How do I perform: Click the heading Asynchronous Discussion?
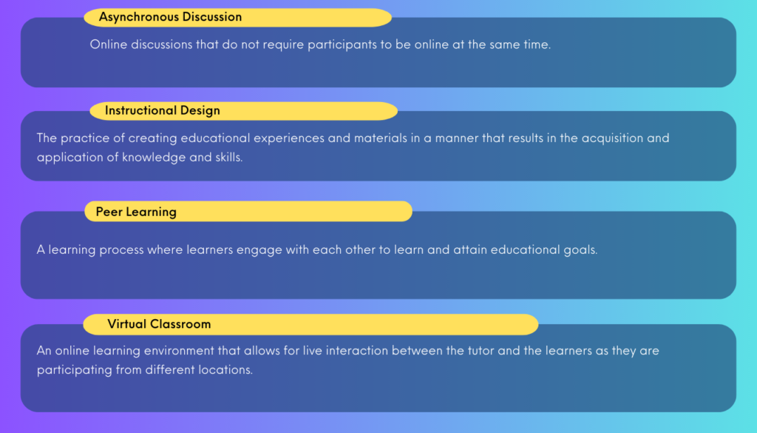[x=171, y=17]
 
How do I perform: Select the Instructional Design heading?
[x=162, y=111]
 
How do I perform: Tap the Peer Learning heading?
[x=136, y=212]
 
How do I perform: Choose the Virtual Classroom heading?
[x=159, y=323]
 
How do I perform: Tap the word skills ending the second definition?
[x=229, y=157]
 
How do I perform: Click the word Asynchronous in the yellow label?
[x=137, y=17]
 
